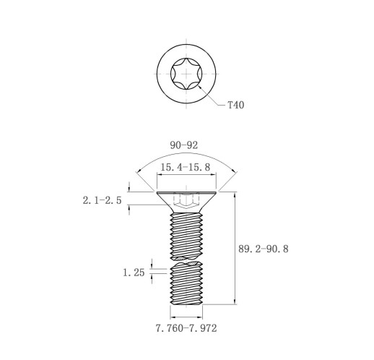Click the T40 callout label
236,105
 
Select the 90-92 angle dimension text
184,145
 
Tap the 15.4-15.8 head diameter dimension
186,167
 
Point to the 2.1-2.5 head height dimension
103,200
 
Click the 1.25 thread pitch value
134,273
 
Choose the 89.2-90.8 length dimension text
264,249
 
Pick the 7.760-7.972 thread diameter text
186,328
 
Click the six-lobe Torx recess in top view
186,74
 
